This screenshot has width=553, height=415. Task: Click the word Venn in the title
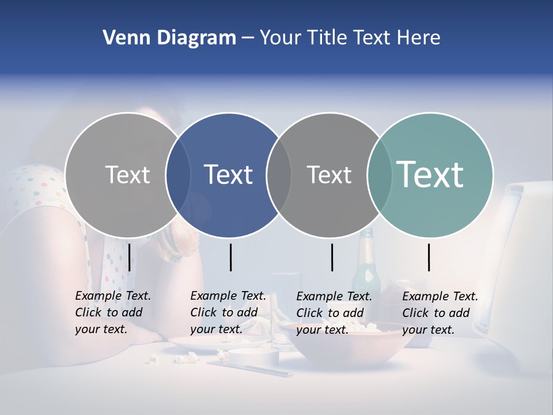123,38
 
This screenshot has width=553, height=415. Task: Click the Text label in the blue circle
229,175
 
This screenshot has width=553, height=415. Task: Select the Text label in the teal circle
430,175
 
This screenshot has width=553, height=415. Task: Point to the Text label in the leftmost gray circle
127,175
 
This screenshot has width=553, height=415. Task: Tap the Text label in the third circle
329,175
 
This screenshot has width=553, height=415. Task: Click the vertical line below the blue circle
230,257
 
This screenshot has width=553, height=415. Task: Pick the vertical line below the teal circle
429,257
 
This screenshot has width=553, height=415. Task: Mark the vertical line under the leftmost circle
130,257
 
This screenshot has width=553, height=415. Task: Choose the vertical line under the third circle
332,257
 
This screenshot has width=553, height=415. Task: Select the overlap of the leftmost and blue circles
178,175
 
